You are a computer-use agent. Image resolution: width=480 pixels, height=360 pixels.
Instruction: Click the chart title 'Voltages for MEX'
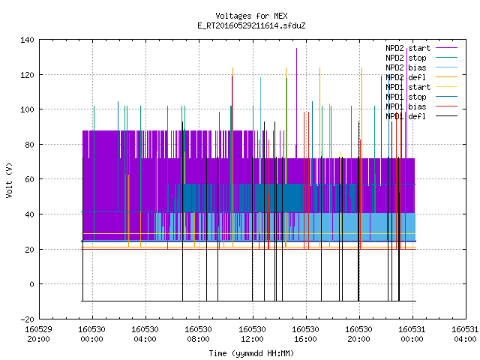[251, 16]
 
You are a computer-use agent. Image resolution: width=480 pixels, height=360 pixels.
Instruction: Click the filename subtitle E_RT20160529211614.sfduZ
[251, 25]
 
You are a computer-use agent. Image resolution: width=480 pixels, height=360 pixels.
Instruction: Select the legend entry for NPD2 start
[408, 48]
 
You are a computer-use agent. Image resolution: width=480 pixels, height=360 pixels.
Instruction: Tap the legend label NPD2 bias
[406, 67]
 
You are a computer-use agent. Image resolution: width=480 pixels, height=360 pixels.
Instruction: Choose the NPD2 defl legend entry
[406, 77]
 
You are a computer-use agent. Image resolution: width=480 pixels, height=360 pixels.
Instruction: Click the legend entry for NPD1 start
[408, 87]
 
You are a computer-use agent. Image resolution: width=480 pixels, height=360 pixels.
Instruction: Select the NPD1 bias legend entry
[406, 106]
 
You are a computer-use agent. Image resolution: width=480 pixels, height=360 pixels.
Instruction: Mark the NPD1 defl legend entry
[406, 117]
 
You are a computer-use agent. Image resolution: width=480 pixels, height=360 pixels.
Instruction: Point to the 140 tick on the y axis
[27, 40]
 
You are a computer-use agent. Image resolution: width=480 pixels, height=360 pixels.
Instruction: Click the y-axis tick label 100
[27, 109]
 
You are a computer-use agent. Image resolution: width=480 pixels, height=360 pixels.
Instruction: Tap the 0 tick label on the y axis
[31, 284]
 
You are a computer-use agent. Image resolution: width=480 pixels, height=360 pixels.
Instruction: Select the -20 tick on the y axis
[27, 319]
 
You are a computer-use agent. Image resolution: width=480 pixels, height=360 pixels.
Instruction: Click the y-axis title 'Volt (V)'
[9, 180]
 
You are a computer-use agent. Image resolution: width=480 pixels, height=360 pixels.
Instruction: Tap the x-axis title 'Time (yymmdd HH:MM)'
[251, 353]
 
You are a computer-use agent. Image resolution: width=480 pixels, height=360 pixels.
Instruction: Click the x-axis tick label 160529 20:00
[38, 334]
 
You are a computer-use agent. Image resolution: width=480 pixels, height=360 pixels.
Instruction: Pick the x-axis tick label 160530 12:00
[252, 334]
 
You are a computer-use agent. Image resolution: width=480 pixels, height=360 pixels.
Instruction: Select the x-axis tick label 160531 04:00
[465, 334]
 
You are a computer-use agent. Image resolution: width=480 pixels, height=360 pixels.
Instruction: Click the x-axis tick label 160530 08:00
[198, 334]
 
